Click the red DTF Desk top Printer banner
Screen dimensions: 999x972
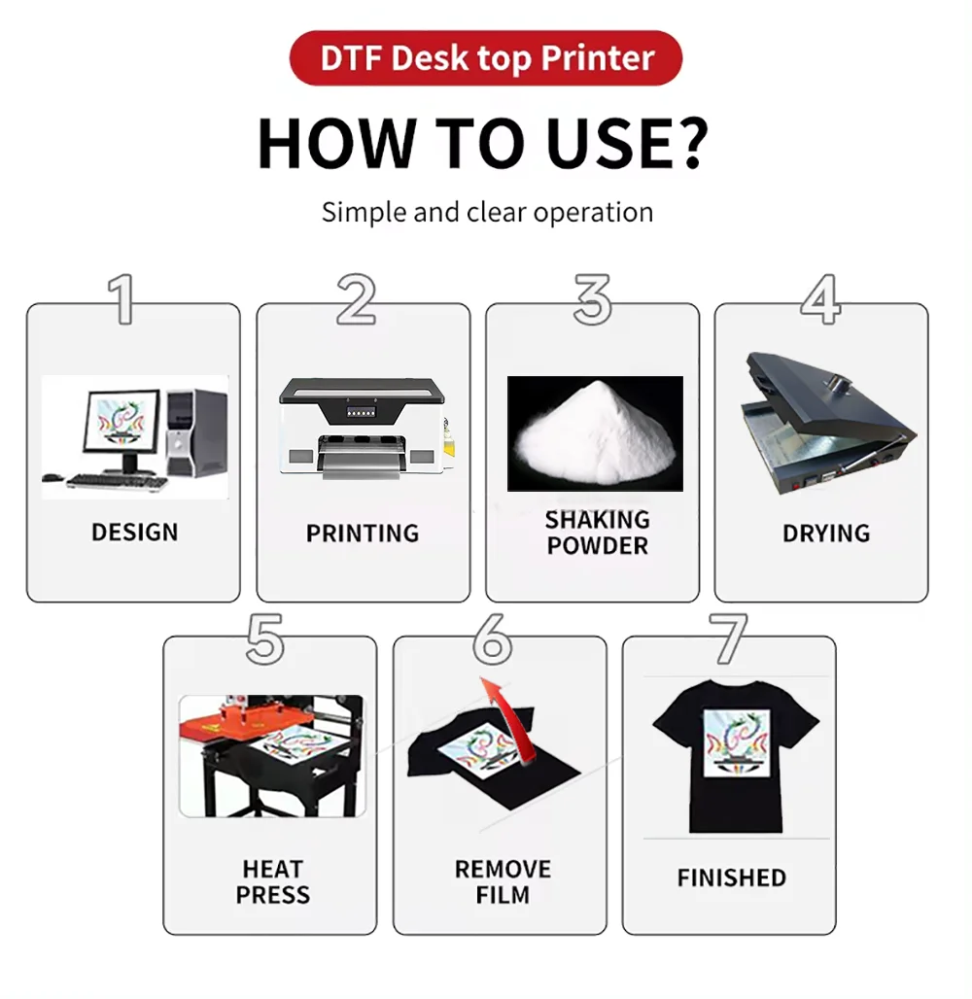pos(486,58)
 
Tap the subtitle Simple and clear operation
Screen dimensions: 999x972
pos(487,212)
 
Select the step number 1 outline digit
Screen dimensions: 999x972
pos(121,299)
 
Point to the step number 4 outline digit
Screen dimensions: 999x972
pos(820,299)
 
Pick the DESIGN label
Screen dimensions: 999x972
pos(135,533)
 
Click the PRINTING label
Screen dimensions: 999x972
pos(363,534)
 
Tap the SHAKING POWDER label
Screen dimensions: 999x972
pos(597,533)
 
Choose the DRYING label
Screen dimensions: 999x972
pos(826,534)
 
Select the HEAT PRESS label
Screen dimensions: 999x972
pos(273,881)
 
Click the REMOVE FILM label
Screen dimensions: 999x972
pos(503,881)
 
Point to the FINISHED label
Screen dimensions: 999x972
pos(732,878)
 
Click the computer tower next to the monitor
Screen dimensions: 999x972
pos(197,432)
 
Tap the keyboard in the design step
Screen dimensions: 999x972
pos(115,481)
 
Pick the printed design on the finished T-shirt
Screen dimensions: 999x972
pos(736,743)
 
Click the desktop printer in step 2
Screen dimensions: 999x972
pos(363,428)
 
